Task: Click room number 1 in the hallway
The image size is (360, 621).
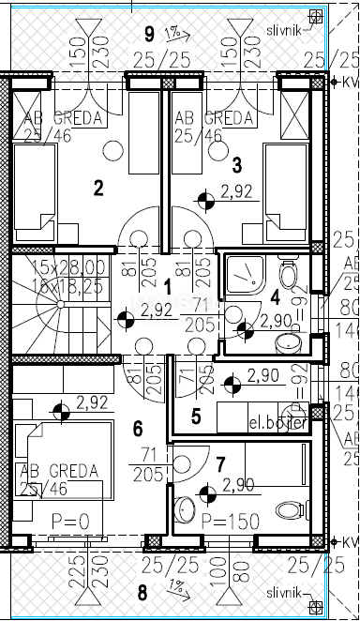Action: pos(168,285)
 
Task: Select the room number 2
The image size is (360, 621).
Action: pos(97,187)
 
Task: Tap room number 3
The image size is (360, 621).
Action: pos(237,165)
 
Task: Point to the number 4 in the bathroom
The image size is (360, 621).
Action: pos(275,297)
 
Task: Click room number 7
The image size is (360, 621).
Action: pos(220,463)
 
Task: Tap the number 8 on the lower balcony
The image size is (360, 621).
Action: pos(142,592)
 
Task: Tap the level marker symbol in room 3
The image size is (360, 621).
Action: pos(205,198)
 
